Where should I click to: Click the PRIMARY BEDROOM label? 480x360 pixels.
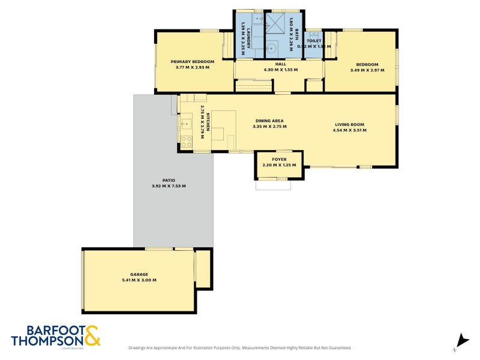pos(193,61)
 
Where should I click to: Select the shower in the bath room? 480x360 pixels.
pos(277,25)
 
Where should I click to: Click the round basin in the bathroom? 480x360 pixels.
pos(271,49)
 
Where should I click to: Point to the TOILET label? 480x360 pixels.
pos(314,41)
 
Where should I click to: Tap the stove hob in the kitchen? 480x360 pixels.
pos(187,142)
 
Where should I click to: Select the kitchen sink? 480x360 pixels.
pos(185,125)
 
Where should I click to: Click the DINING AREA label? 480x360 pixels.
pos(269,121)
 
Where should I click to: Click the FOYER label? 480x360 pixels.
pos(279,159)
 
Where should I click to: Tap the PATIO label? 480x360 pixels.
pos(169,180)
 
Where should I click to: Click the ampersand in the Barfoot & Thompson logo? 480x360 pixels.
pos(92,335)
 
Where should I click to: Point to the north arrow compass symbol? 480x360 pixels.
pos(461,340)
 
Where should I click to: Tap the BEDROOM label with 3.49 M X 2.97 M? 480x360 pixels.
pos(367,64)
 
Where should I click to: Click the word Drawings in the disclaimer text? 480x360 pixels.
pos(139,348)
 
